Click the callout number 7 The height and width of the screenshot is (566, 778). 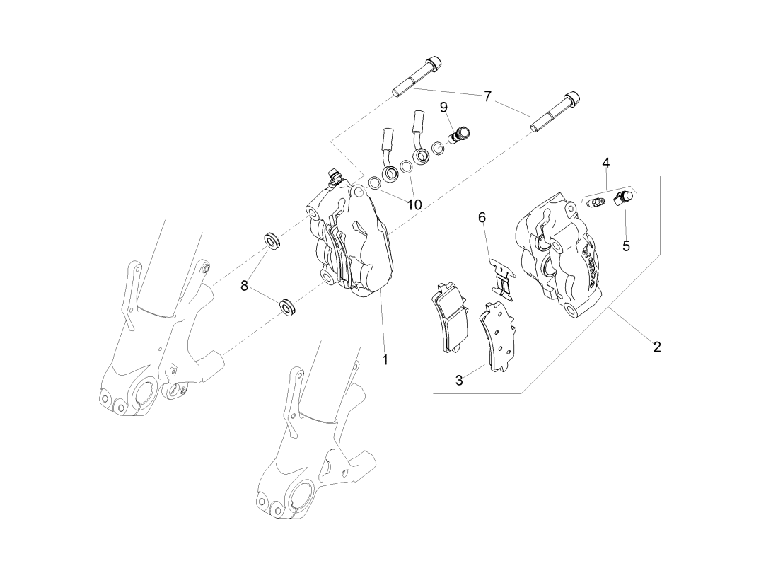point(487,97)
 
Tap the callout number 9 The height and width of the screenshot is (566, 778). point(443,107)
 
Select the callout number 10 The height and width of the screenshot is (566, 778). point(414,204)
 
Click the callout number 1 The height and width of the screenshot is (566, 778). point(385,359)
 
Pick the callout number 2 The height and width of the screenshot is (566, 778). point(657,347)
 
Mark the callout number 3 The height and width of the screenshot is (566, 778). point(459,380)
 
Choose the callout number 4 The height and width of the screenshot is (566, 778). point(606,163)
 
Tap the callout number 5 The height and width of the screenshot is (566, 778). point(626,246)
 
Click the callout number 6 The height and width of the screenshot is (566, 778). point(482,216)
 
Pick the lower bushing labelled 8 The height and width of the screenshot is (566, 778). point(287,308)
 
